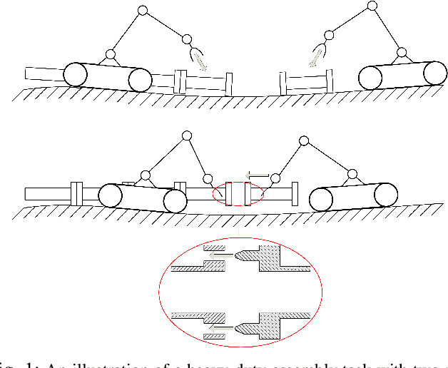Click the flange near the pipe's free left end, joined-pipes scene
75,194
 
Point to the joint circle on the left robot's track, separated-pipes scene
111,54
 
